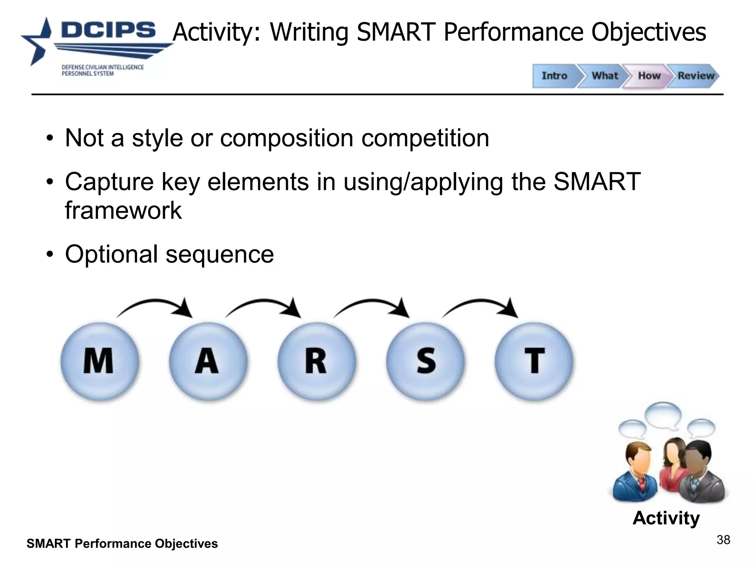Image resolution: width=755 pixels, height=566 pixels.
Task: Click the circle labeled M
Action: click(100, 361)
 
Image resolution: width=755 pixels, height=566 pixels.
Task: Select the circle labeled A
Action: click(208, 361)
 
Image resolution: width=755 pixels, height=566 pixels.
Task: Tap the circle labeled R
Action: click(316, 361)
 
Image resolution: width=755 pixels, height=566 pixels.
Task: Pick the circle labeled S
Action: click(425, 361)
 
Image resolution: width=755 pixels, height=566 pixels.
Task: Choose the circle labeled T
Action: click(534, 361)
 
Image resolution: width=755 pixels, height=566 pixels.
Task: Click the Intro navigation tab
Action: click(554, 76)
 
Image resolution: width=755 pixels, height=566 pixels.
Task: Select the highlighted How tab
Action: click(649, 76)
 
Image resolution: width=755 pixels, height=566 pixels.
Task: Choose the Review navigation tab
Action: click(695, 76)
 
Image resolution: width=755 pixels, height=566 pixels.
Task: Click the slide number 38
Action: click(723, 540)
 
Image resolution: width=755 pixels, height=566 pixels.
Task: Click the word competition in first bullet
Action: click(425, 138)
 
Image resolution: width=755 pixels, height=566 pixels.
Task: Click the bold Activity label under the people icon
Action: click(666, 518)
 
